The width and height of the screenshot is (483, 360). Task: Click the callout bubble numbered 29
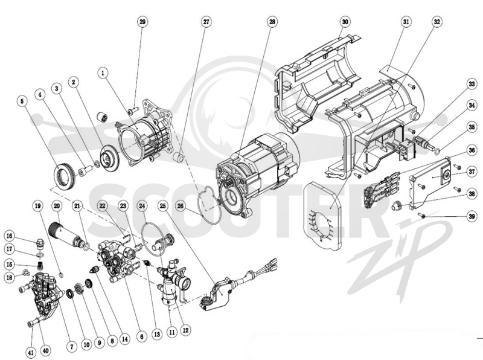pyautogui.click(x=142, y=22)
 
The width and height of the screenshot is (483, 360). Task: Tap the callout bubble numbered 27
pyautogui.click(x=206, y=22)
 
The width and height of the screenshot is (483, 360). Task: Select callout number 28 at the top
pyautogui.click(x=272, y=22)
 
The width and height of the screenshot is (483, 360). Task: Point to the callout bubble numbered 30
pyautogui.click(x=345, y=22)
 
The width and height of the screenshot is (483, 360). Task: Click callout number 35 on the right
pyautogui.click(x=472, y=127)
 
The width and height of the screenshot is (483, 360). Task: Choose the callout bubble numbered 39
pyautogui.click(x=472, y=217)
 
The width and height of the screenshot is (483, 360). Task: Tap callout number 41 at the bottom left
pyautogui.click(x=31, y=353)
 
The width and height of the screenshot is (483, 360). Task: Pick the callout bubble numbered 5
pyautogui.click(x=22, y=101)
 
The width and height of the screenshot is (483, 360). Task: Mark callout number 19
pyautogui.click(x=38, y=205)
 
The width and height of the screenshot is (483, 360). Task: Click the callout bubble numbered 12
pyautogui.click(x=185, y=330)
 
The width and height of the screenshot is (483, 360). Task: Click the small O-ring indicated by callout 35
pyautogui.click(x=437, y=150)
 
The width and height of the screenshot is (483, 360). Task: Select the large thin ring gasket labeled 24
pyautogui.click(x=153, y=239)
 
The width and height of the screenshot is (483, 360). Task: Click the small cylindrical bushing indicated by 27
pyautogui.click(x=179, y=157)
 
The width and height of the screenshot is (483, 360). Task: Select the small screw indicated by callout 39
pyautogui.click(x=421, y=215)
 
